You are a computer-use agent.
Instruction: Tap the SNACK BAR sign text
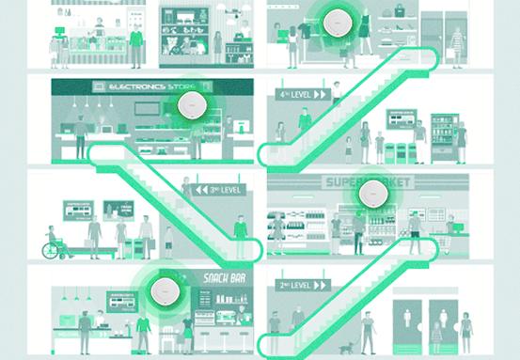[x=223, y=278]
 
